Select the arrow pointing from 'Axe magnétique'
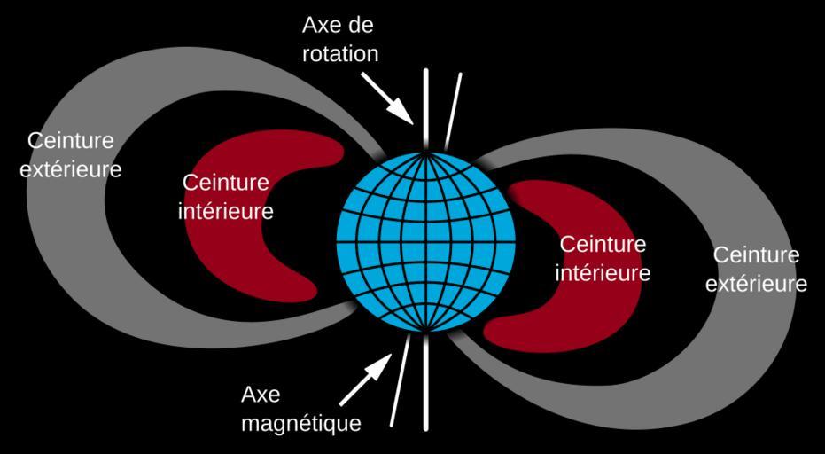tap(366, 380)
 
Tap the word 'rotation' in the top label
tap(340, 54)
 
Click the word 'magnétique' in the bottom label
tap(301, 422)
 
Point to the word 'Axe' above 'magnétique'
tap(261, 395)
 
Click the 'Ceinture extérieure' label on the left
tap(71, 155)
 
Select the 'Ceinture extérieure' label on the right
tap(756, 270)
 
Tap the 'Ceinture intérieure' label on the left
tap(225, 198)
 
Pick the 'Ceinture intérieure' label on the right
tap(603, 259)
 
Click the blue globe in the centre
tap(425, 242)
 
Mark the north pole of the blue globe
tap(425, 153)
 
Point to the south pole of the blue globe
tap(425, 333)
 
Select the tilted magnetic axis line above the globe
tap(453, 112)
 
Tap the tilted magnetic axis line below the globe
tap(400, 380)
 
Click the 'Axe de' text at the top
tap(338, 26)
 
